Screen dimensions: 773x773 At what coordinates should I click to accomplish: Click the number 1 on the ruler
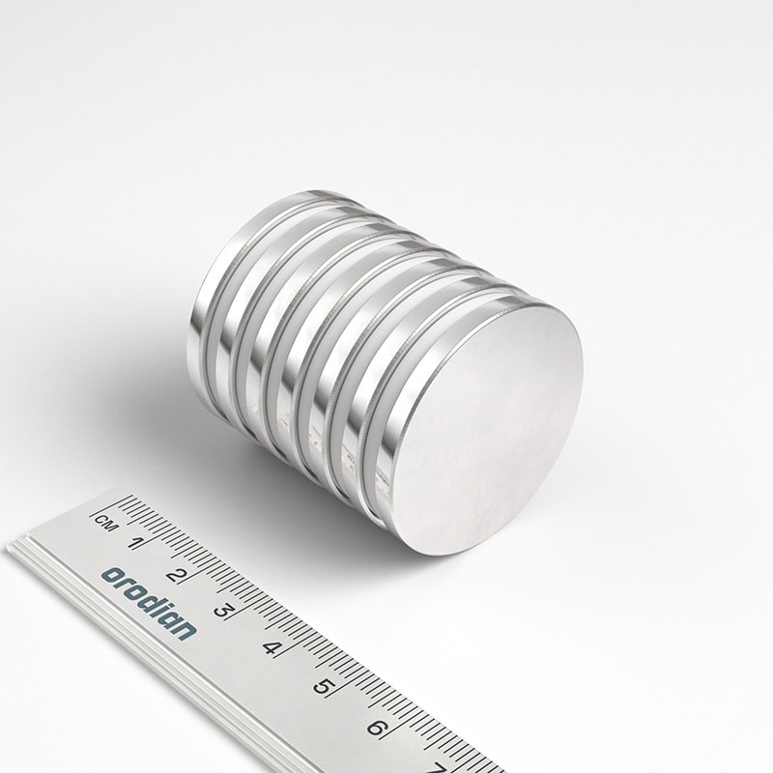coord(135,543)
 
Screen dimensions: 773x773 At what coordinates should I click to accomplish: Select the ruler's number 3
coord(223,611)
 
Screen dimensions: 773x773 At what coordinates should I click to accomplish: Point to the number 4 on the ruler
coord(272,647)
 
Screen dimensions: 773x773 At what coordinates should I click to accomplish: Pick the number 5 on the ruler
coord(323,686)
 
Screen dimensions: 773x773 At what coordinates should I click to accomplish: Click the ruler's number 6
coord(377,728)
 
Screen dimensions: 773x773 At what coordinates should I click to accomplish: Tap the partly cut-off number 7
coord(438,767)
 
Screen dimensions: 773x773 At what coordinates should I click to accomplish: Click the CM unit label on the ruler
coord(105,523)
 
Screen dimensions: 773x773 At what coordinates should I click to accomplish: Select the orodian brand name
coord(149,603)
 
